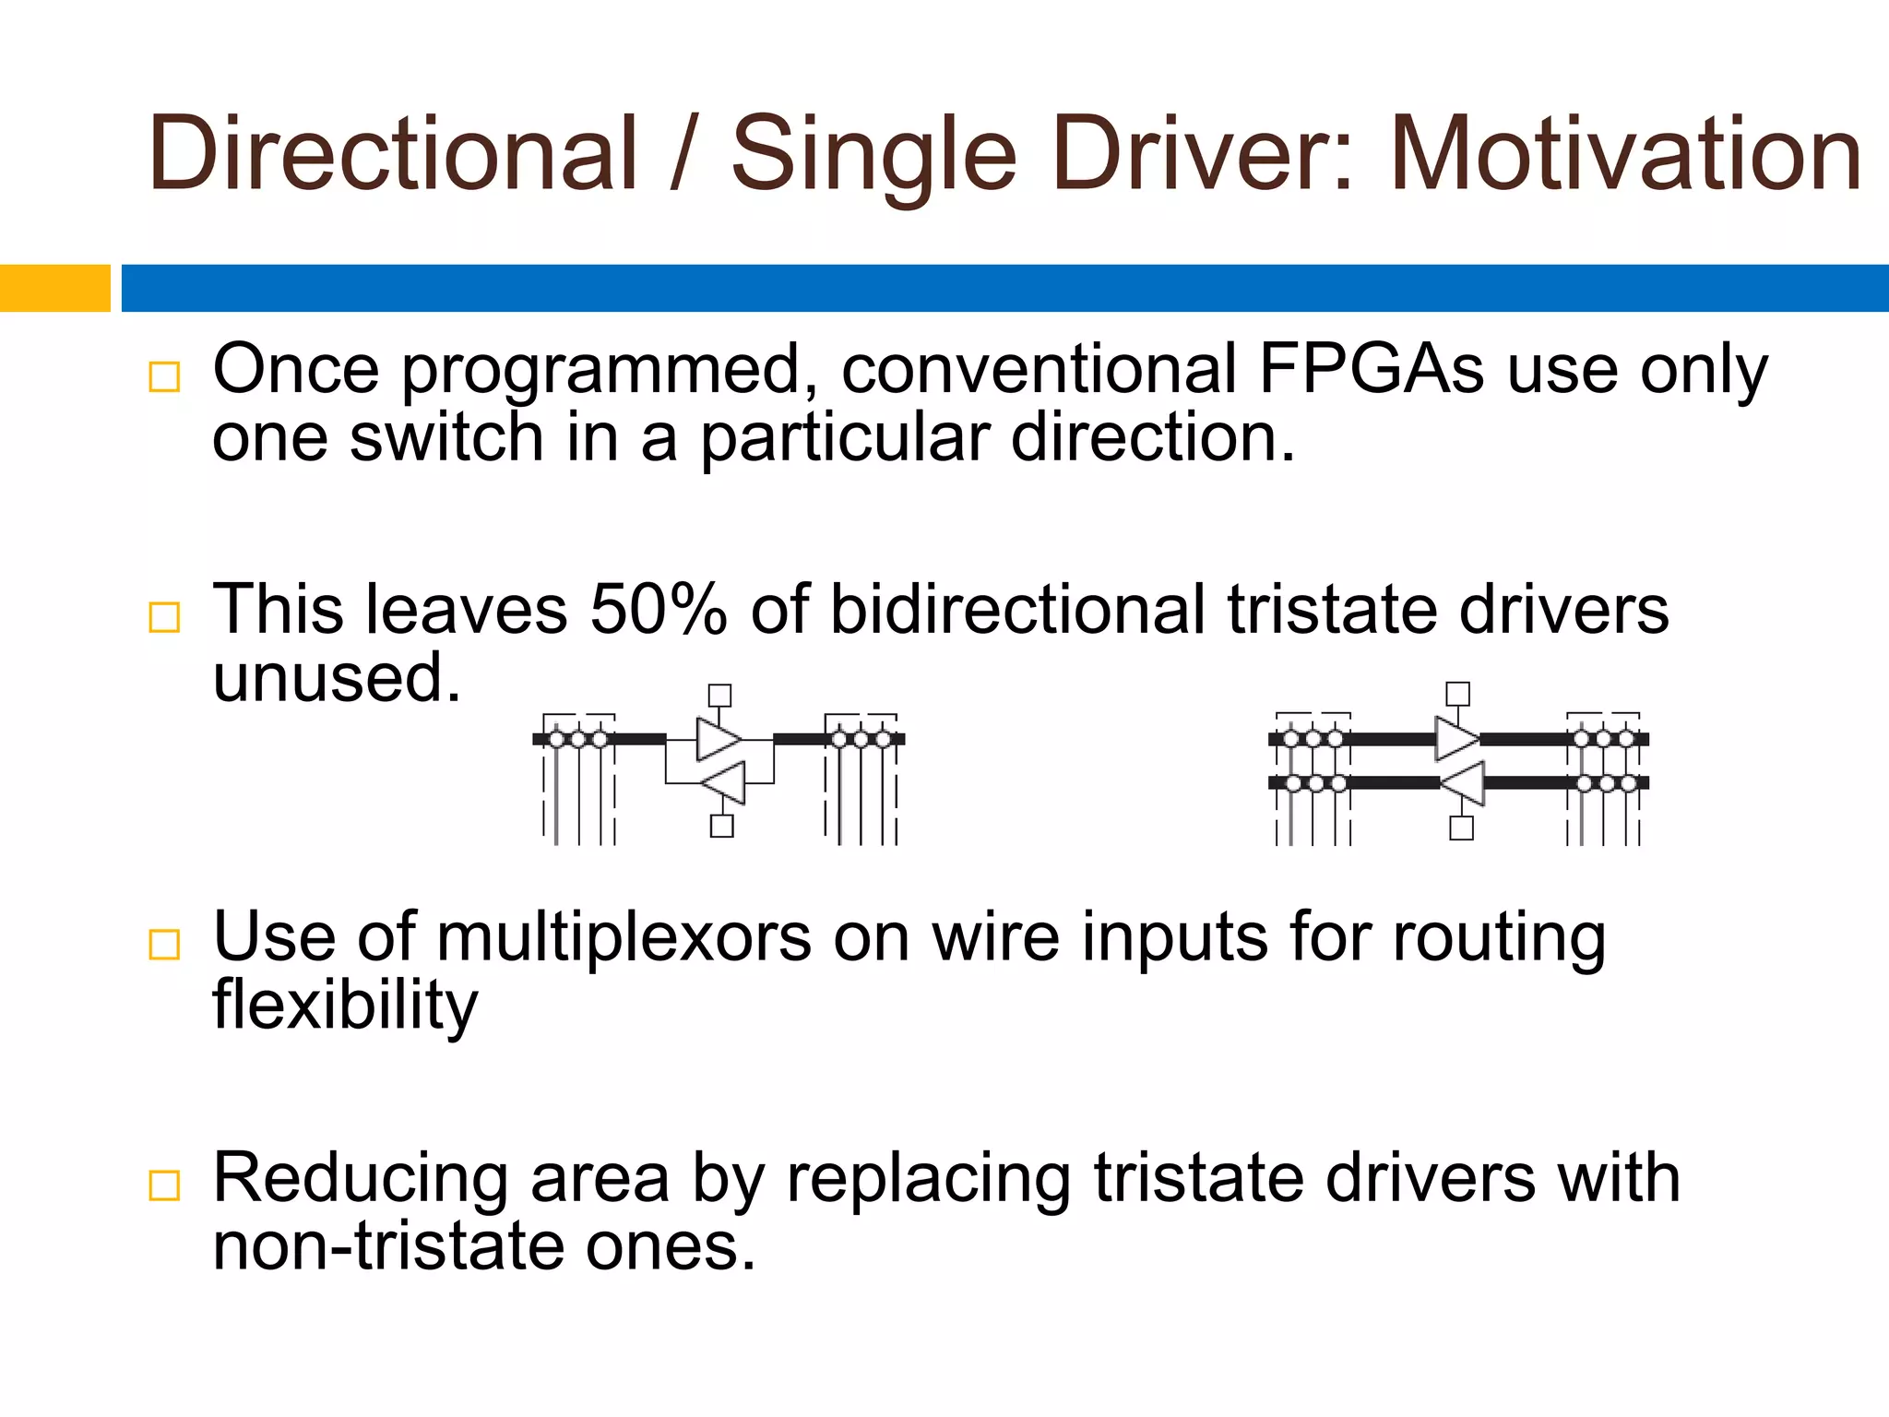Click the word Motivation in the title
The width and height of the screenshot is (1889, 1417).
pyautogui.click(x=1625, y=154)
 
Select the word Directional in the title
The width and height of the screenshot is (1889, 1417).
pyautogui.click(x=393, y=154)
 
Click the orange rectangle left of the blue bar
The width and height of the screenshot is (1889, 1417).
pyautogui.click(x=54, y=288)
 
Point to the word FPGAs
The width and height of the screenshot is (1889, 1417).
pyautogui.click(x=1371, y=369)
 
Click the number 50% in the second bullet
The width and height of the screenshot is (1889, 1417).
pyautogui.click(x=658, y=610)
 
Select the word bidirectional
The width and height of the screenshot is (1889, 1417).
pyautogui.click(x=1017, y=610)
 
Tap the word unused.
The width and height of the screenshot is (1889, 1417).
pyautogui.click(x=336, y=678)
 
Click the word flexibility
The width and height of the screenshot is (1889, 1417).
pyautogui.click(x=345, y=1006)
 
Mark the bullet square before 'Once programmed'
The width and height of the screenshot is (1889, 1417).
pyautogui.click(x=164, y=376)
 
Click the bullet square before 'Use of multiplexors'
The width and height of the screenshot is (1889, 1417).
pyautogui.click(x=164, y=945)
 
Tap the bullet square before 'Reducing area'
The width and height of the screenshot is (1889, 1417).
pyautogui.click(x=164, y=1185)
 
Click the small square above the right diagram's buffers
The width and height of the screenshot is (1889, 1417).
pyautogui.click(x=1458, y=694)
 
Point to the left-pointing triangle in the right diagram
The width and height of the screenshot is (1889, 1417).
pyautogui.click(x=1464, y=783)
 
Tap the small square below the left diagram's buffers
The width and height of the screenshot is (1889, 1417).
pyautogui.click(x=722, y=826)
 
